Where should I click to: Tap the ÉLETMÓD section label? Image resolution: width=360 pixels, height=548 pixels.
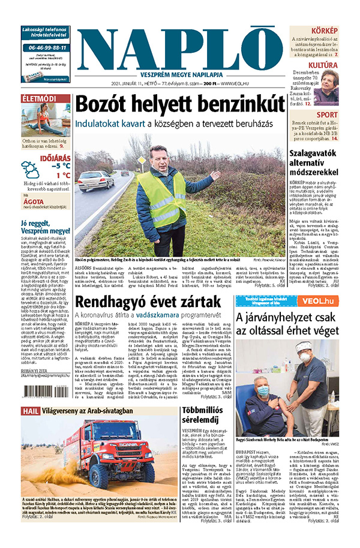click(39, 98)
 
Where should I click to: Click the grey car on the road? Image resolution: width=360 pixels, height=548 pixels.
click(95, 179)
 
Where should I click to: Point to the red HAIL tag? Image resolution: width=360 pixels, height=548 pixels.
click(31, 411)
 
